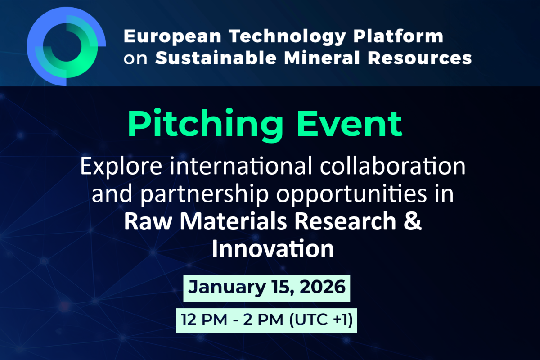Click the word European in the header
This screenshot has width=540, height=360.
click(x=173, y=37)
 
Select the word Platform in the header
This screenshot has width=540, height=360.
click(x=398, y=36)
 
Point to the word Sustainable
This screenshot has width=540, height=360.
click(x=216, y=58)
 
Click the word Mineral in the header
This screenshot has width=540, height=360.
click(x=322, y=58)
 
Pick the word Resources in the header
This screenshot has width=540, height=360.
click(x=419, y=58)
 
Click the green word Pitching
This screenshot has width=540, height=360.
click(x=205, y=125)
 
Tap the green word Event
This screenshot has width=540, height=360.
click(x=349, y=124)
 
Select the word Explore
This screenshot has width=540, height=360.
click(x=121, y=166)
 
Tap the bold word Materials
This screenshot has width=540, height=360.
click(x=233, y=221)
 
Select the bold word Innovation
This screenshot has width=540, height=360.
click(x=273, y=248)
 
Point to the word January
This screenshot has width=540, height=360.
click(x=227, y=288)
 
